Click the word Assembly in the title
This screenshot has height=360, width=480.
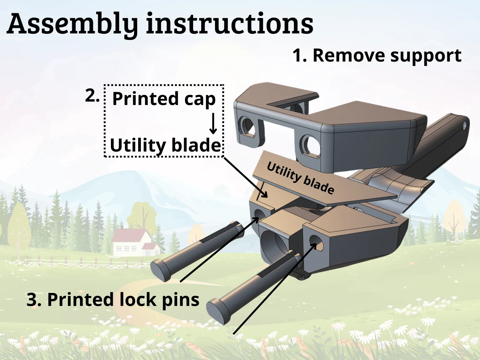pyautogui.click(x=72, y=24)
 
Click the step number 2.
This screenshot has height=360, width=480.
pyautogui.click(x=92, y=96)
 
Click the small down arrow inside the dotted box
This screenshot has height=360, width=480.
pyautogui.click(x=213, y=123)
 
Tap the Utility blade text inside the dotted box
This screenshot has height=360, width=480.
pyautogui.click(x=165, y=145)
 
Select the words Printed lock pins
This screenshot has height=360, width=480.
pyautogui.click(x=112, y=300)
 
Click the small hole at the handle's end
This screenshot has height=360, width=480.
pyautogui.click(x=465, y=126)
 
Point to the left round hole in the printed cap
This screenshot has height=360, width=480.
pyautogui.click(x=247, y=127)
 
